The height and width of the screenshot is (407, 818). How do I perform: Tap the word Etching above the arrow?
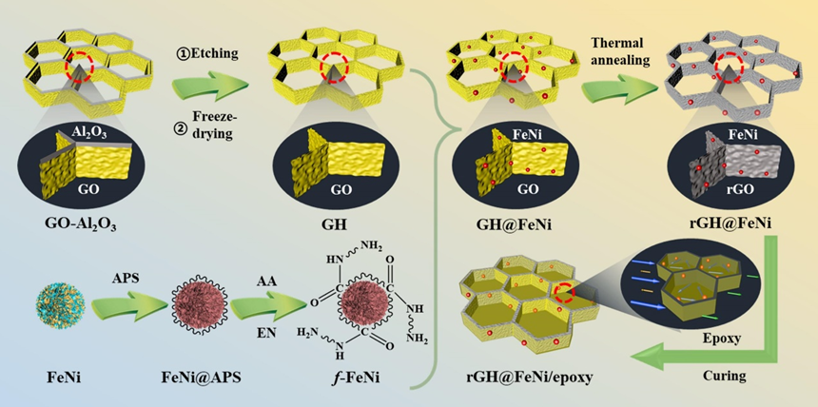207,53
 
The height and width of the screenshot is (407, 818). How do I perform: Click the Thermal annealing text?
620,51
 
